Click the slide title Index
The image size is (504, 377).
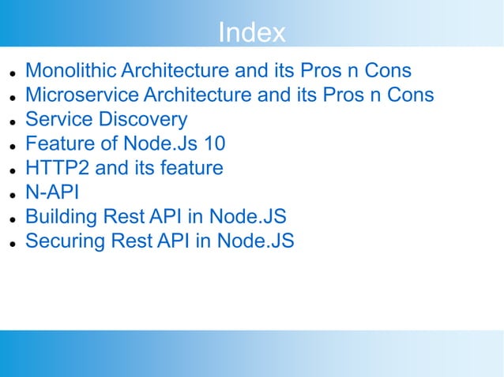click(x=251, y=32)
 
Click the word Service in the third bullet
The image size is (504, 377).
click(x=56, y=120)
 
